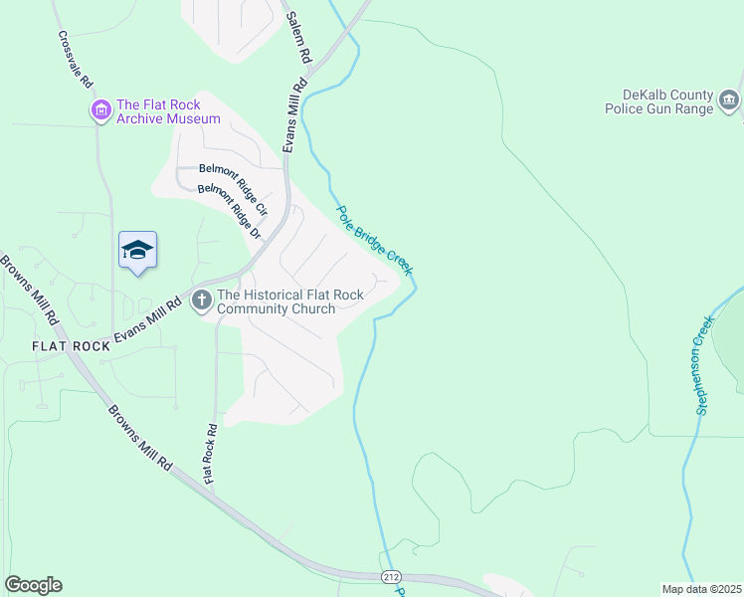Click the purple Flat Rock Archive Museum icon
tap(100, 111)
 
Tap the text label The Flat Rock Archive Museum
tap(167, 111)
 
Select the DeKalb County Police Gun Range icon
tap(728, 100)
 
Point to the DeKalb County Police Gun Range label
tap(657, 101)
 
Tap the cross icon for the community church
tap(202, 299)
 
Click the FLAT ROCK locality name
tap(71, 346)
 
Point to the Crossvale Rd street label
tap(75, 59)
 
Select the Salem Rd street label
tap(300, 39)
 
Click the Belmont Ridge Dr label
tap(228, 211)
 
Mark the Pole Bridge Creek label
tap(374, 240)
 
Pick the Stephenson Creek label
tap(705, 365)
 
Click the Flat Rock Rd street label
tap(210, 455)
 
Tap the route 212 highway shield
tap(391, 577)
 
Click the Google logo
tap(33, 585)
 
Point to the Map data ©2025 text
tap(699, 589)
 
